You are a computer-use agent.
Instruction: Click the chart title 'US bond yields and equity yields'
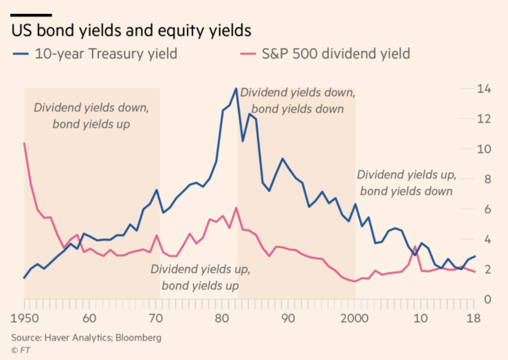(131, 31)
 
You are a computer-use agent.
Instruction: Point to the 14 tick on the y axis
(484, 89)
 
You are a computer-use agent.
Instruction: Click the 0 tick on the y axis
(487, 299)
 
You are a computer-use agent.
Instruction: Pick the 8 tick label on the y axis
(487, 179)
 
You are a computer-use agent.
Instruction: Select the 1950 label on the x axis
(25, 319)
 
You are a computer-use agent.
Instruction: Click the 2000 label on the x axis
(355, 319)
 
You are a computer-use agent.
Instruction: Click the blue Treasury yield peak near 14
(236, 89)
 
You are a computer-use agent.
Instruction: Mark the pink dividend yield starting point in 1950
(24, 143)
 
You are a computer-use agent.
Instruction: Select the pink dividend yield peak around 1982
(236, 208)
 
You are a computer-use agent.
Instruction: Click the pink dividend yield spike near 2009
(415, 246)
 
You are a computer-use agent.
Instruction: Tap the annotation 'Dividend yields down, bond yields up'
(91, 115)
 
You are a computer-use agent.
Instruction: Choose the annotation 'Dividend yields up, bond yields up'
(201, 277)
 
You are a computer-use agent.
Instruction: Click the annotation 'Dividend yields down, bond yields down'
(298, 101)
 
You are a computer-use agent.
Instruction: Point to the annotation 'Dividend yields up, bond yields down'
(406, 183)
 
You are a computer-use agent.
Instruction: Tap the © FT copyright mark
(20, 350)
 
